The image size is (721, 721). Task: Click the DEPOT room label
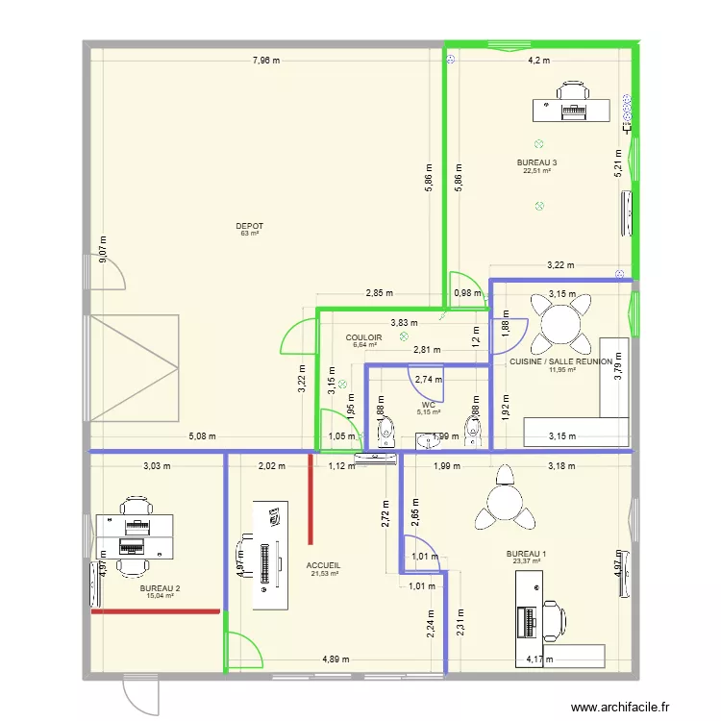pos(249,226)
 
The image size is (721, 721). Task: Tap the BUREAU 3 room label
pos(536,163)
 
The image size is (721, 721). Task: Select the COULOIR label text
pos(364,337)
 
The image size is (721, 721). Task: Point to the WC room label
pos(428,405)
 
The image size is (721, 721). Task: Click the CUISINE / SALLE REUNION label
pos(560,361)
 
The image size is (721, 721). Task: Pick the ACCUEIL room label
pos(323,566)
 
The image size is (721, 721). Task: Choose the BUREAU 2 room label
pos(160,588)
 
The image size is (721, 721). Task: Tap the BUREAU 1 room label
pos(526,554)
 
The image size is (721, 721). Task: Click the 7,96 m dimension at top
pos(266,61)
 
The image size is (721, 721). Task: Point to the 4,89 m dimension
pos(335,659)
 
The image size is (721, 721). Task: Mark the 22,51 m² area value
pos(536,171)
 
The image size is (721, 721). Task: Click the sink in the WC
pos(427,441)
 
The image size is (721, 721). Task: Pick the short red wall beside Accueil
pos(310,499)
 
